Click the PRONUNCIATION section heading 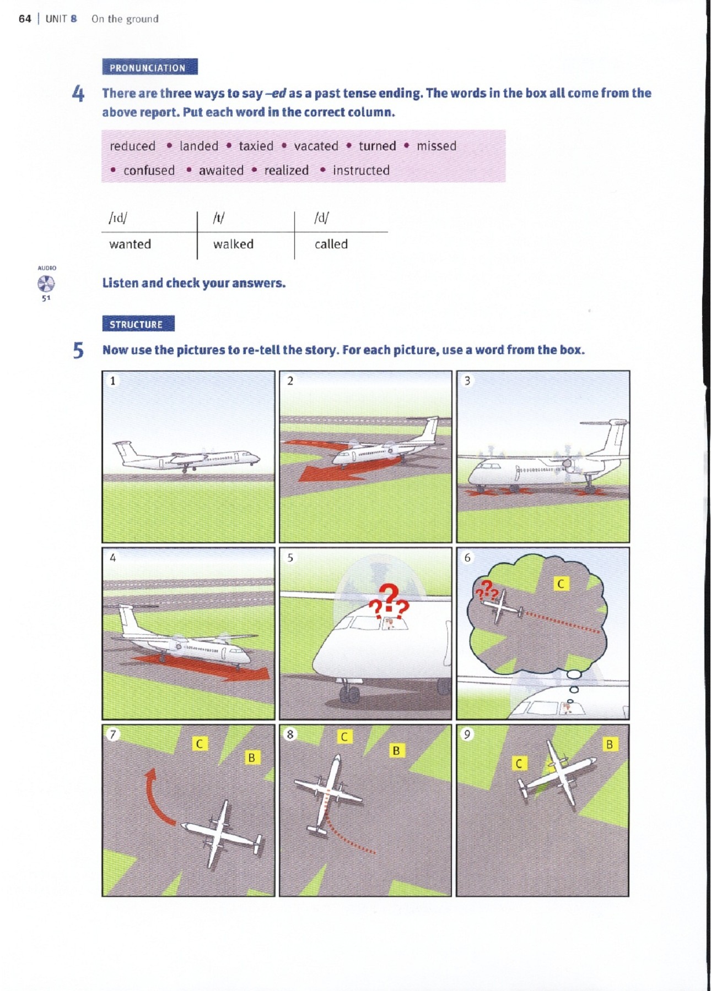pyautogui.click(x=149, y=67)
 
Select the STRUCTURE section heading pyautogui.click(x=138, y=324)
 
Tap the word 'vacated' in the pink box pyautogui.click(x=316, y=146)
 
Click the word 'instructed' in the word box pyautogui.click(x=361, y=170)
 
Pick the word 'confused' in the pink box pyautogui.click(x=149, y=170)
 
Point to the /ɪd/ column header pyautogui.click(x=118, y=218)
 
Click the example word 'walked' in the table pyautogui.click(x=233, y=244)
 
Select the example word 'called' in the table pyautogui.click(x=331, y=244)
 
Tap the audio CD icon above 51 pyautogui.click(x=46, y=284)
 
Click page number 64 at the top pyautogui.click(x=25, y=19)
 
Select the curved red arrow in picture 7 pyautogui.click(x=154, y=798)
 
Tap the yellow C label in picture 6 pyautogui.click(x=561, y=584)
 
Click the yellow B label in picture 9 pyautogui.click(x=609, y=744)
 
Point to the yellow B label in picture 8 pyautogui.click(x=396, y=750)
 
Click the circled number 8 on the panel pyautogui.click(x=290, y=734)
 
